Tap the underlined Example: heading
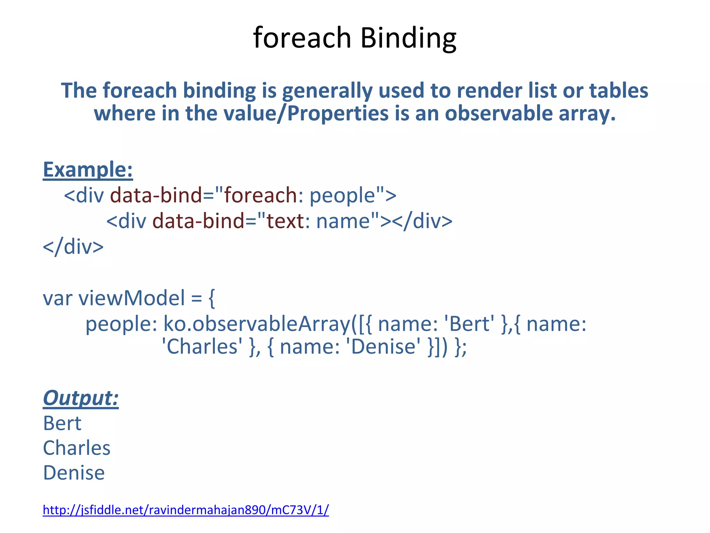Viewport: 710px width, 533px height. (x=88, y=170)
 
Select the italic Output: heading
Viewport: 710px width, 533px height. (x=81, y=398)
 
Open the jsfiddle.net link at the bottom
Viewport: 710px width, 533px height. (x=185, y=510)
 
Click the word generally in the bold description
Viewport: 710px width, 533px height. (x=327, y=91)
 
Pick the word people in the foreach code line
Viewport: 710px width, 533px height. (x=342, y=195)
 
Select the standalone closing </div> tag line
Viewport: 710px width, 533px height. (x=73, y=247)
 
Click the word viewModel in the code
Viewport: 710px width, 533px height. (x=132, y=298)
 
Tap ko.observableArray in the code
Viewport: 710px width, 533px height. (x=257, y=324)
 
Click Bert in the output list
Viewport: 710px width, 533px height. (x=62, y=423)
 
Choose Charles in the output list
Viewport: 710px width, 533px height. (x=77, y=448)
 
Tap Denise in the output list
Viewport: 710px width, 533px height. (x=74, y=473)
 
